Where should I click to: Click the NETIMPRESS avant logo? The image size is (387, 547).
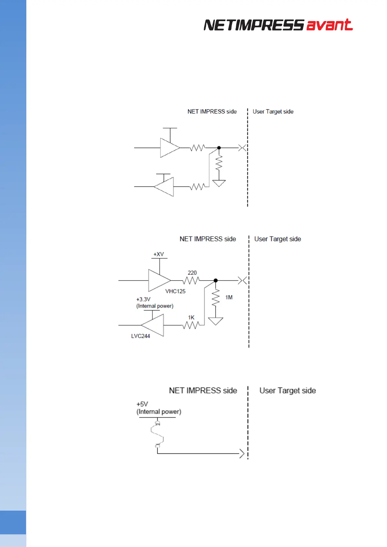[278, 25]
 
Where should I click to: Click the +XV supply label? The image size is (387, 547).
[159, 254]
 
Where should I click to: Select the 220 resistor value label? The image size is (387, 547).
[192, 273]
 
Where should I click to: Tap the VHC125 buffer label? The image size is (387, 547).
[175, 291]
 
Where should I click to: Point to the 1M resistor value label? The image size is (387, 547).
[229, 297]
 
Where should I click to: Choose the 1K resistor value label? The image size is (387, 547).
[191, 317]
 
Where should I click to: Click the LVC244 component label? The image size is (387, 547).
[140, 336]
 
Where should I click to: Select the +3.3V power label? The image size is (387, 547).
[143, 299]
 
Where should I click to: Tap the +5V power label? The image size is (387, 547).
[142, 404]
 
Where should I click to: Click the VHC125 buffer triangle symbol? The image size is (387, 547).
[158, 280]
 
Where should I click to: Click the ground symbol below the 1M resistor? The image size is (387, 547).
[215, 321]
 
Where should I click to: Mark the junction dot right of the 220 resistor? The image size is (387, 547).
[215, 280]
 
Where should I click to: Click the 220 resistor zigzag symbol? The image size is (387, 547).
[191, 280]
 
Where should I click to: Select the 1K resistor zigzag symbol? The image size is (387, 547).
[191, 325]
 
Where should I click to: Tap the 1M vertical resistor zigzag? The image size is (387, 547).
[215, 298]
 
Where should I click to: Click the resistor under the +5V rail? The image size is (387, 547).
[157, 435]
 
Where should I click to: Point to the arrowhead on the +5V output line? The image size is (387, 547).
[241, 453]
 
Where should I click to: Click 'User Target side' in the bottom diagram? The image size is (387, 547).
[288, 390]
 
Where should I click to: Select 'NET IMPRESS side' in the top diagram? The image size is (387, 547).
[212, 111]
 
